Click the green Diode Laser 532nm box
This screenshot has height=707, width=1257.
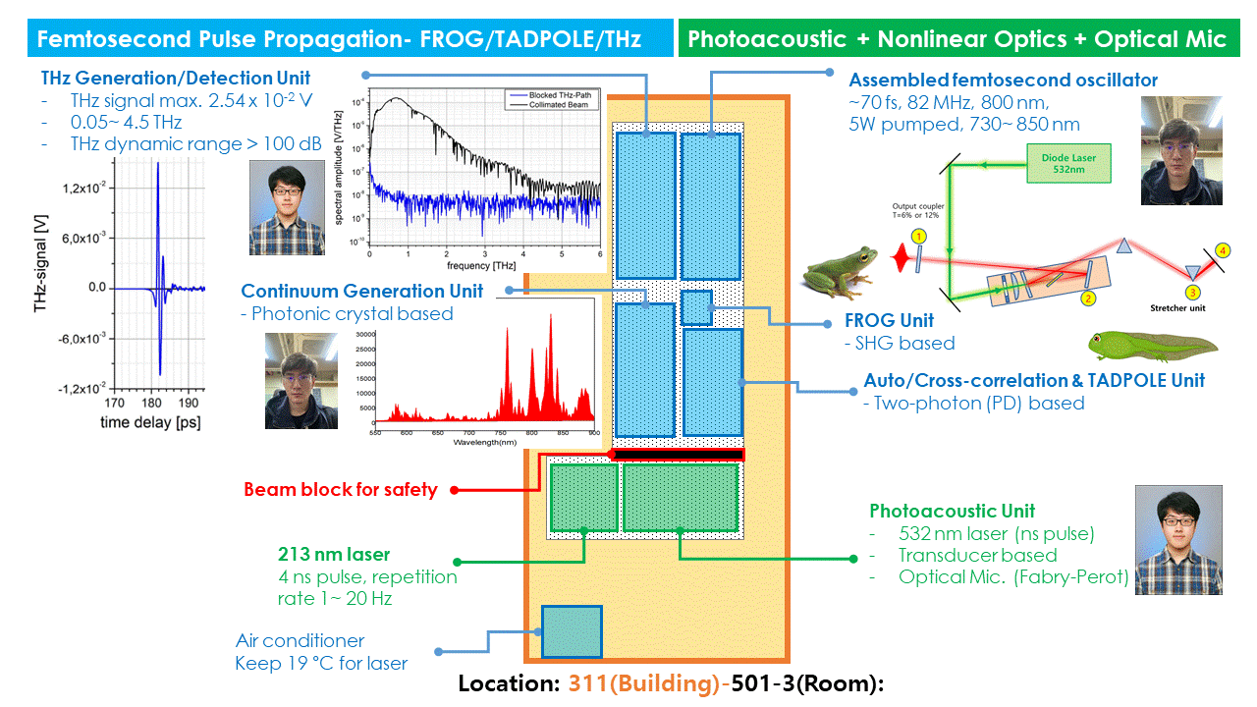click(x=1070, y=164)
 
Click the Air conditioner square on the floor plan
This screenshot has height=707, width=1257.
click(x=572, y=631)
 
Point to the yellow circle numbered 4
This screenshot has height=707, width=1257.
click(x=1222, y=250)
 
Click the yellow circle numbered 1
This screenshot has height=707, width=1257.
click(x=918, y=237)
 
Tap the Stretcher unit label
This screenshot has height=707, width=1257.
click(x=1178, y=307)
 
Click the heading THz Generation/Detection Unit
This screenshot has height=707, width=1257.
click(x=176, y=79)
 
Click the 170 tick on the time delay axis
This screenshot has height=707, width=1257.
click(x=115, y=403)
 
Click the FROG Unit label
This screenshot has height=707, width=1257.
click(x=890, y=321)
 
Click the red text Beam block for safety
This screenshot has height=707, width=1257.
click(x=340, y=489)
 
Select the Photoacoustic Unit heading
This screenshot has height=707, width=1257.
click(x=952, y=511)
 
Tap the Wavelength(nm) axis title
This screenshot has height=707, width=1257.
click(x=485, y=443)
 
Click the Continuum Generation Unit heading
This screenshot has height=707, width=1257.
click(x=362, y=291)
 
